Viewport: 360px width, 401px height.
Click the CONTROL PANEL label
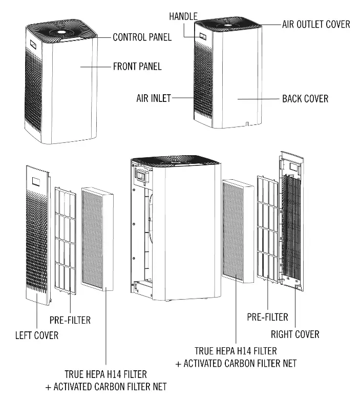[x=142, y=37]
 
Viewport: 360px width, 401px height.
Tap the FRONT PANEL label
[x=137, y=66]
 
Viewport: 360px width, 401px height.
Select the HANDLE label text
[x=183, y=17]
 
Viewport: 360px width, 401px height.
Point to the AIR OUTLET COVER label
[x=316, y=24]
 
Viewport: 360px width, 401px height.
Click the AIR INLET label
[x=154, y=98]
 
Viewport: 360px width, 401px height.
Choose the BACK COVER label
[x=305, y=98]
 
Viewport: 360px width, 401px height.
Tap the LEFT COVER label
[x=36, y=335]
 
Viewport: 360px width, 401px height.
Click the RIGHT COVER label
[x=295, y=334]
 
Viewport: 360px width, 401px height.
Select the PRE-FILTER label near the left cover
[x=70, y=320]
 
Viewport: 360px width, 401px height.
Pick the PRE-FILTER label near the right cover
[x=268, y=317]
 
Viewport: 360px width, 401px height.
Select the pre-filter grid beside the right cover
[x=268, y=228]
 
